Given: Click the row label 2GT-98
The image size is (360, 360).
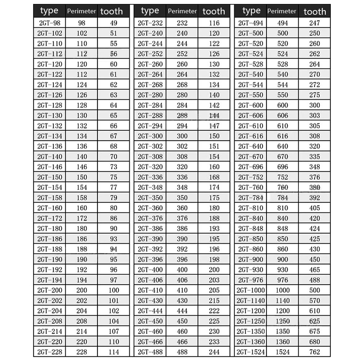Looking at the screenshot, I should [50, 23].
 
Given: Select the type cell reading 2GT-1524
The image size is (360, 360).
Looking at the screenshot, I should [251, 352].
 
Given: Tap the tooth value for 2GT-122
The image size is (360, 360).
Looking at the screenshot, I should [114, 75].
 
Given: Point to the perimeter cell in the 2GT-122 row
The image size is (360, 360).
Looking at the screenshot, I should [82, 75].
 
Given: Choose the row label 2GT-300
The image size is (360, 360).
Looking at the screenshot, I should [150, 136].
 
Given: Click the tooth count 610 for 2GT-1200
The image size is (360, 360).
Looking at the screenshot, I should [315, 311].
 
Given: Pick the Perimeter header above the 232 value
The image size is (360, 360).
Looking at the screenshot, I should [182, 11].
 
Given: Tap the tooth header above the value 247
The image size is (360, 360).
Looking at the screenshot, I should [315, 12].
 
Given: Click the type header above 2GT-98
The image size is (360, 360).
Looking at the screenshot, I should [49, 11].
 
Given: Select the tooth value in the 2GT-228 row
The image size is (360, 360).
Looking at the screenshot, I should [114, 352].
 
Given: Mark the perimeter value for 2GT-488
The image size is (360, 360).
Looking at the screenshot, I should [182, 352].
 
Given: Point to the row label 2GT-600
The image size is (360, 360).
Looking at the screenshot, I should [251, 105].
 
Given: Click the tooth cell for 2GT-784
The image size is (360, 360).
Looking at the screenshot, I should [315, 198].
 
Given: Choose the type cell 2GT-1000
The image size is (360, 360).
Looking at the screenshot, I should [251, 290].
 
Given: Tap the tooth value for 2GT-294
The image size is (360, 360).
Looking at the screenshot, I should [214, 126].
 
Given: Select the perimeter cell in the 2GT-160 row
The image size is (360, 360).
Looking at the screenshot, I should [82, 208].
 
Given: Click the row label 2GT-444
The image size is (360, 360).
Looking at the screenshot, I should [150, 311].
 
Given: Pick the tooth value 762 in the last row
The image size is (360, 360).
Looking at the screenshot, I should [315, 352].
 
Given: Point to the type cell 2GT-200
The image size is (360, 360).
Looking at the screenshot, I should [50, 290].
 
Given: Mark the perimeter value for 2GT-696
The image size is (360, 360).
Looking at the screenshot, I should [283, 167].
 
